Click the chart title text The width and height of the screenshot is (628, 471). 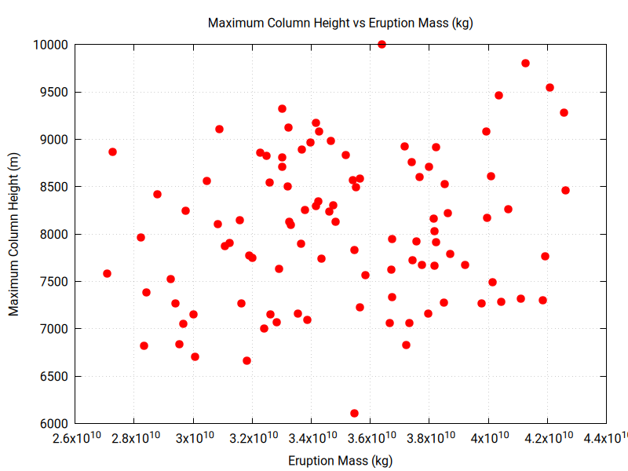click(340, 23)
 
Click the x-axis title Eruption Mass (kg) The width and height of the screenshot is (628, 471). click(340, 460)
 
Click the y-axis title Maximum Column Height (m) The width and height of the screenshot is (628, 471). click(14, 234)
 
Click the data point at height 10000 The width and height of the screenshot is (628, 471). click(382, 45)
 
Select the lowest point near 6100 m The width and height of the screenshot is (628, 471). click(354, 413)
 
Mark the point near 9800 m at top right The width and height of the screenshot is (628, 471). click(525, 64)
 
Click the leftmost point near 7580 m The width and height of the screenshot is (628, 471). click(107, 273)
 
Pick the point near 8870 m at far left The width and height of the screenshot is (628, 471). click(112, 152)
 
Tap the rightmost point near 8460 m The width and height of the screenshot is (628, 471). click(565, 190)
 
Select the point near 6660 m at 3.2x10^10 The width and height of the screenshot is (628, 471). click(246, 360)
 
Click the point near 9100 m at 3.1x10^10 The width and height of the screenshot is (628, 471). click(219, 129)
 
